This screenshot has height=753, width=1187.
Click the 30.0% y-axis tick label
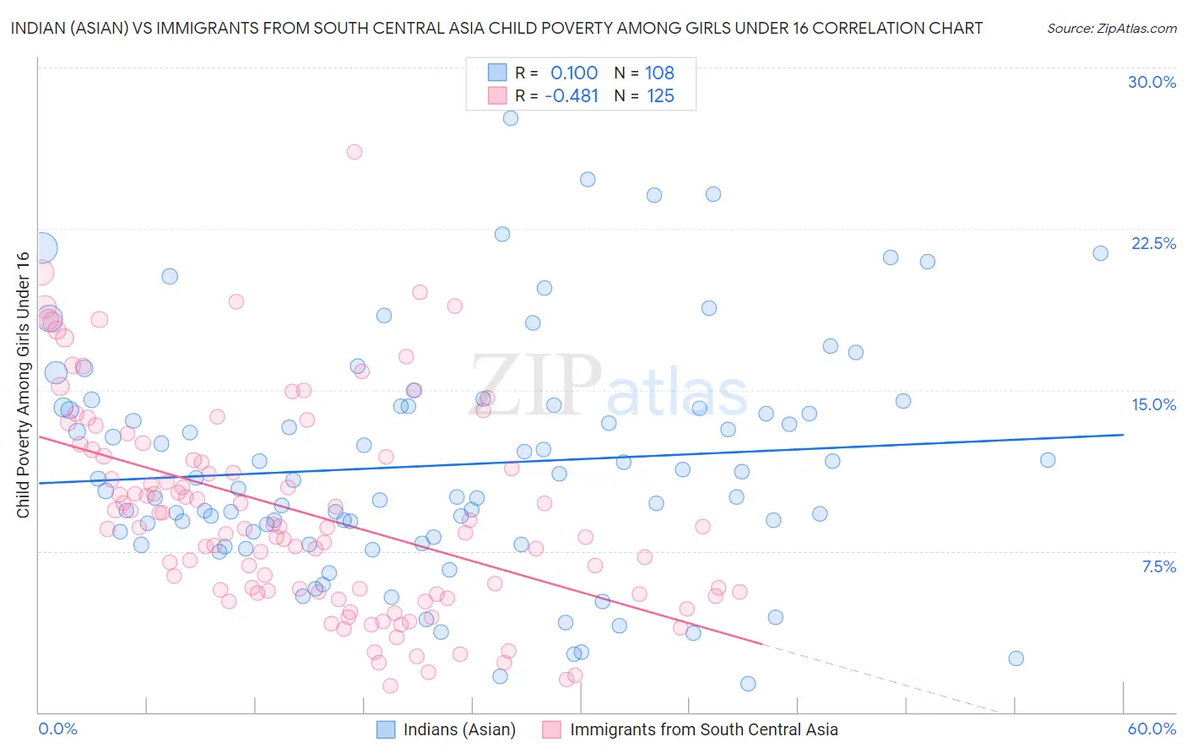[1152, 82]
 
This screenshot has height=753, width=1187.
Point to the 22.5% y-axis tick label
[1153, 243]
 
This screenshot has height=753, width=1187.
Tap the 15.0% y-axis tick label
[1153, 404]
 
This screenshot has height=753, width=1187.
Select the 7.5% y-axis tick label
[1158, 566]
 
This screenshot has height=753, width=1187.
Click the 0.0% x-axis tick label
[57, 729]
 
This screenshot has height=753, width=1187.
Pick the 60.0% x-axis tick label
[1152, 729]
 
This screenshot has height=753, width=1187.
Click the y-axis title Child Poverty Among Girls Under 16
[23, 385]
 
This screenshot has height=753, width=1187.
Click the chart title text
[496, 28]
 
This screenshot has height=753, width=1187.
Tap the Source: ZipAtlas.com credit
[1111, 28]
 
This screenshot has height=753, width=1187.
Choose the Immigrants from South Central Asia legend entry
[690, 729]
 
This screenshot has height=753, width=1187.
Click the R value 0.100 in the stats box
[574, 73]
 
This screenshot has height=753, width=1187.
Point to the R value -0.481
[572, 95]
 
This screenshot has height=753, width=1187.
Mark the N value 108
[659, 73]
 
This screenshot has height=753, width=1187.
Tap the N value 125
[660, 95]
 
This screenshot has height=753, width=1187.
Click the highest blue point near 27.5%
[511, 118]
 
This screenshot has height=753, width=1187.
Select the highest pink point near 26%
[355, 152]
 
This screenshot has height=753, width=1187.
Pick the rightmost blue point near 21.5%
[1100, 253]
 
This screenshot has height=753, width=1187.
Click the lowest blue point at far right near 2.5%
[1016, 658]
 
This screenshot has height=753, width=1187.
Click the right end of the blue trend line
[1123, 435]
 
